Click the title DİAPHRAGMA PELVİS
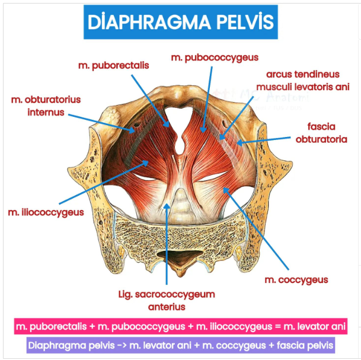180,22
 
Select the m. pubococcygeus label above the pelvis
215,58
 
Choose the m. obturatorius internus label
45,106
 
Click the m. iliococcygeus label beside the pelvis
46,211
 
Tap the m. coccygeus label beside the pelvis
296,279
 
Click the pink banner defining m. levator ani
180,326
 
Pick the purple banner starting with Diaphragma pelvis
180,345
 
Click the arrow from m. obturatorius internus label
107,121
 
